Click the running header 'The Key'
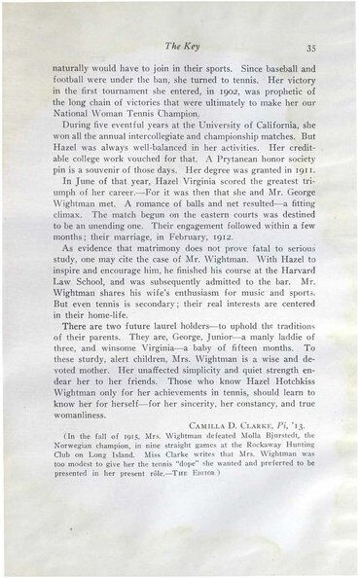[178, 45]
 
